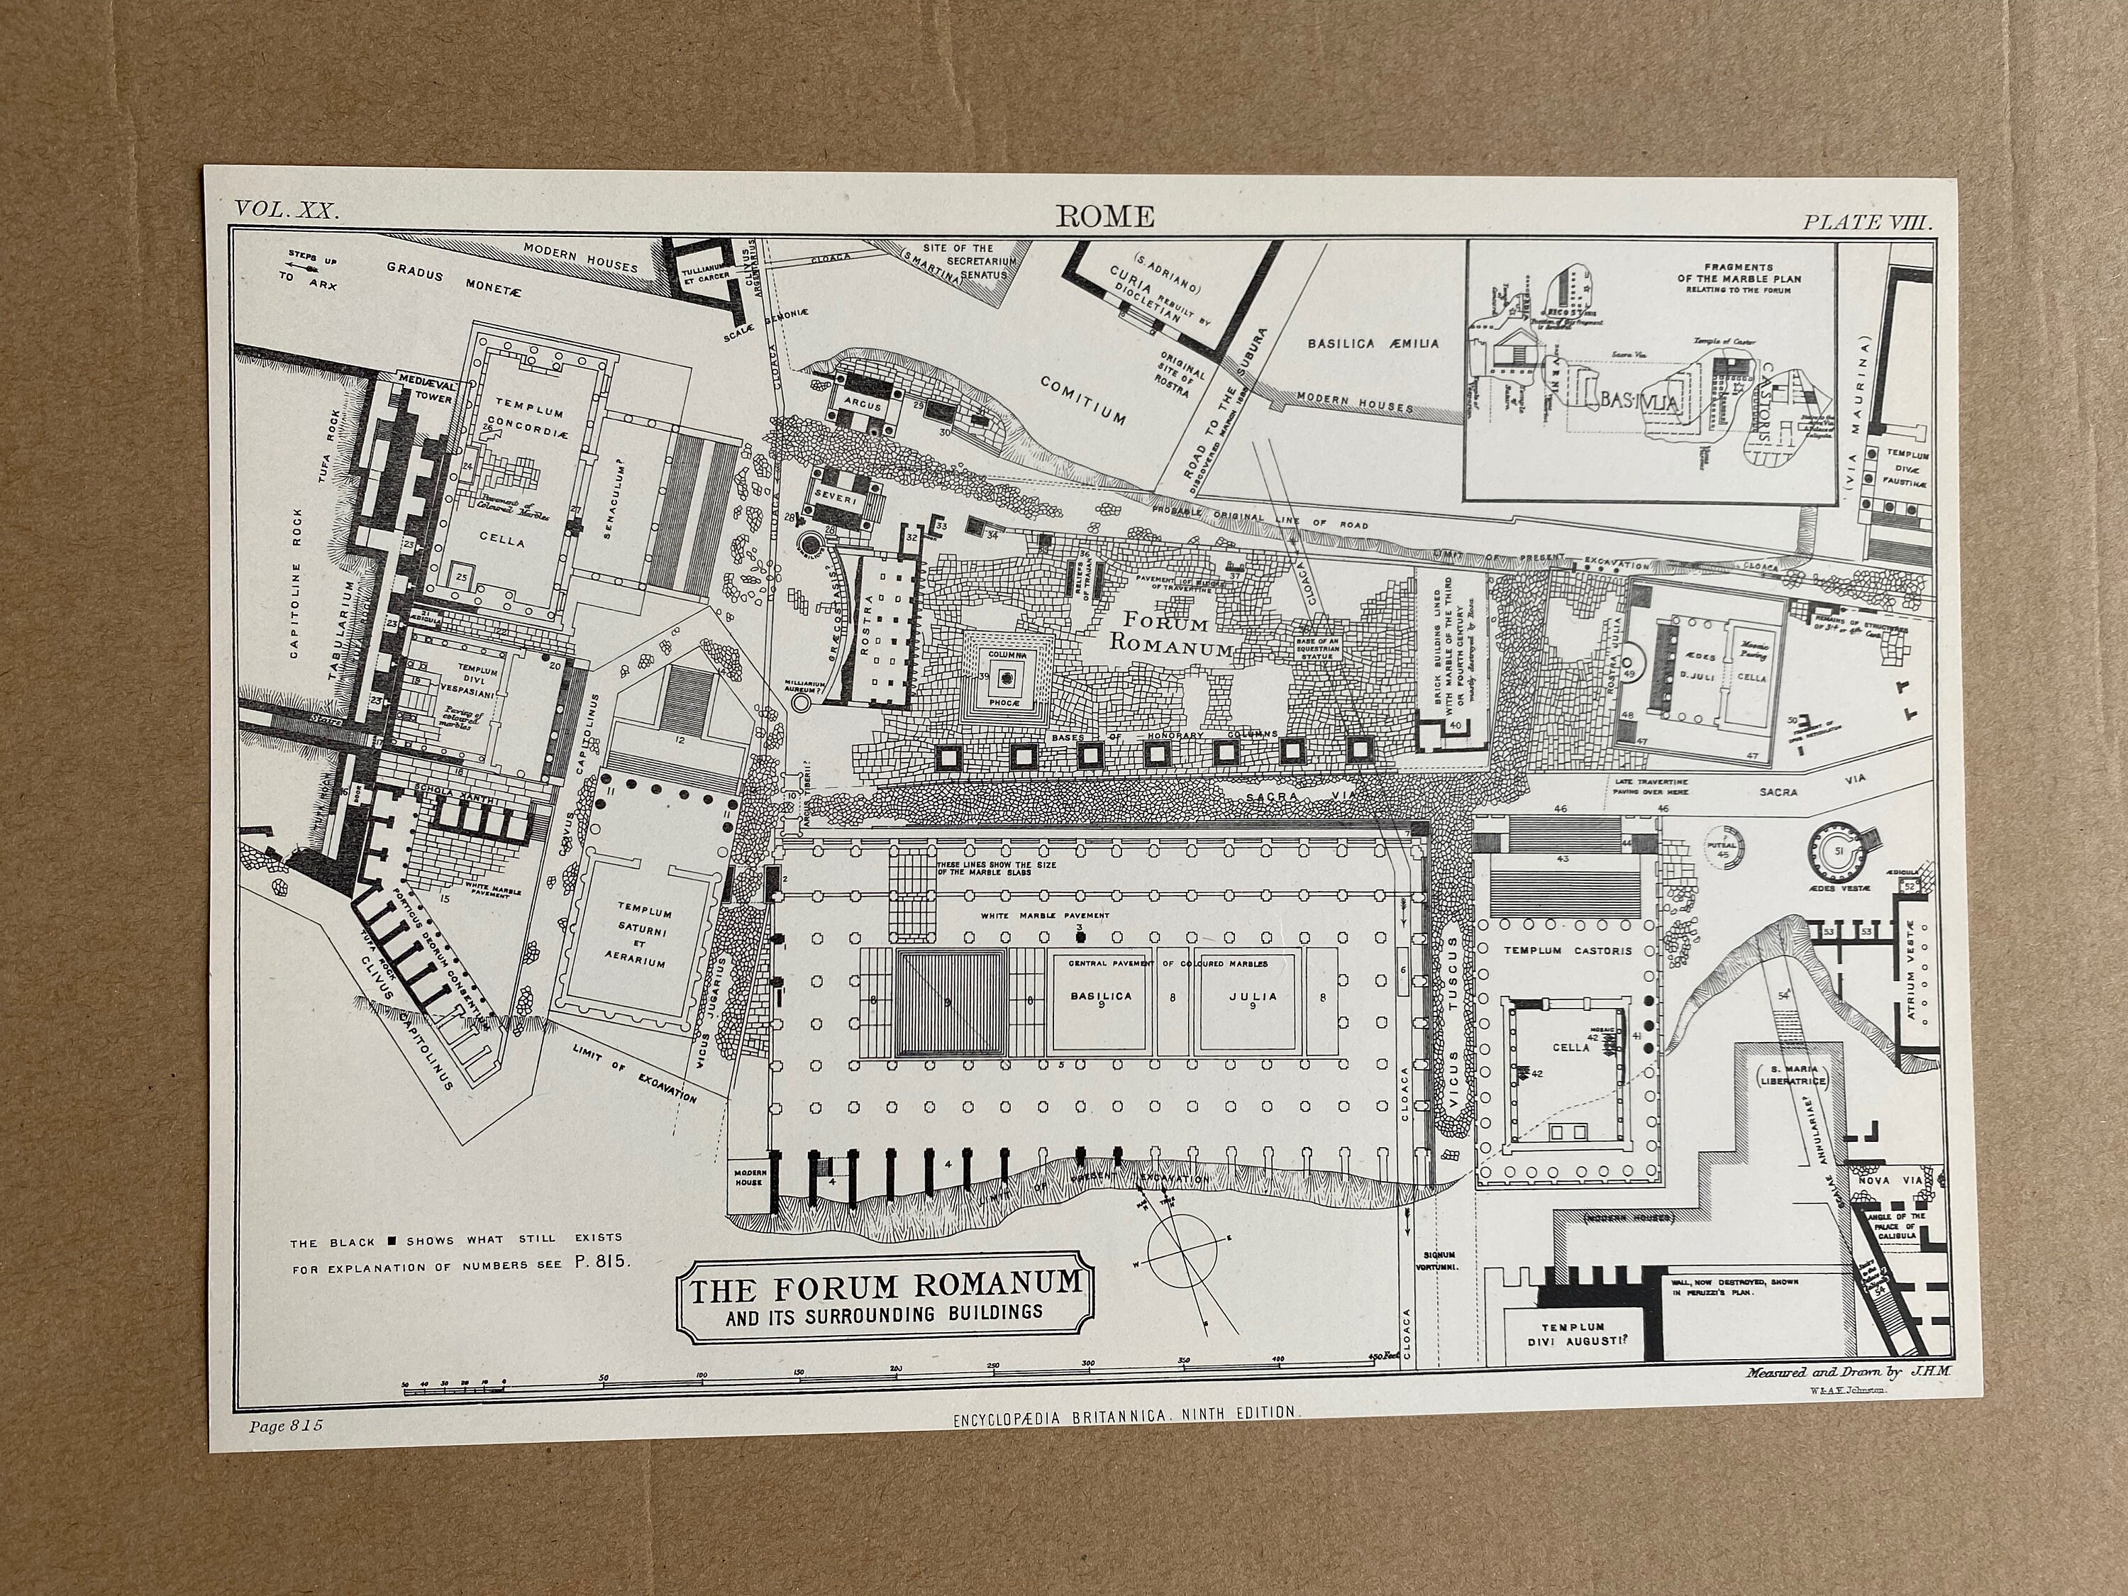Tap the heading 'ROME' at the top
1105,216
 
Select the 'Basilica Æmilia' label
1373,343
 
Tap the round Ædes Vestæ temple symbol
1836,850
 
